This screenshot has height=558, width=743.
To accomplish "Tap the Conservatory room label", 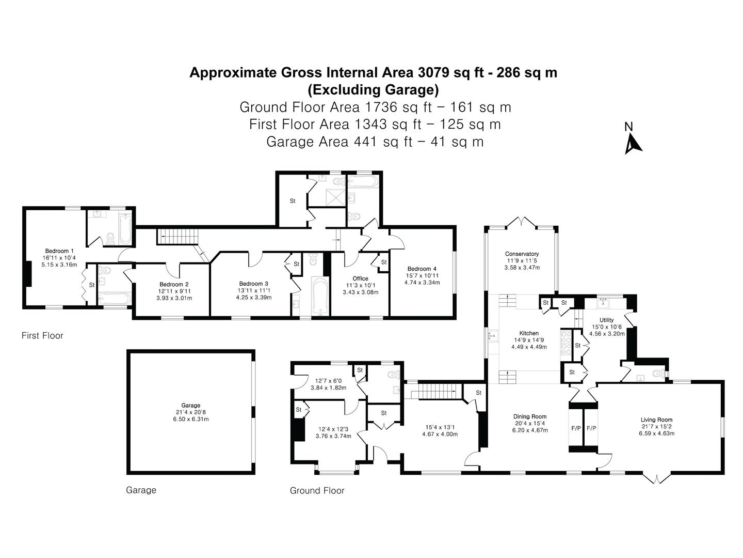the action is (x=522, y=254).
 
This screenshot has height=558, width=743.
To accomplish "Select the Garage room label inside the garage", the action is (x=190, y=405).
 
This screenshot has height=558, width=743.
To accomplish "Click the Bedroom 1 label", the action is (x=59, y=251).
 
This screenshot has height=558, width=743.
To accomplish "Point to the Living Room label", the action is (x=656, y=420).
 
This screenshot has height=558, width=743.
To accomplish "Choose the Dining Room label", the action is (x=530, y=417).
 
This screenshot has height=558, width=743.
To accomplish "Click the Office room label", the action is (x=360, y=278).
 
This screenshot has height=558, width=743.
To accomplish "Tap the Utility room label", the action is (x=607, y=320).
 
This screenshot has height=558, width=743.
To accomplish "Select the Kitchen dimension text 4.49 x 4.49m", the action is (x=529, y=347).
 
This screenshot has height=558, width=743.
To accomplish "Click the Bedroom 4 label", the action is (x=422, y=269).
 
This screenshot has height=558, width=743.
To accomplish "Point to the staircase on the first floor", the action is (x=177, y=236).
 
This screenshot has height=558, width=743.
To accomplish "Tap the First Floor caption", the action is (x=42, y=335).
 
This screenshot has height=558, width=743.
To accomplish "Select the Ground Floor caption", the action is (x=317, y=491).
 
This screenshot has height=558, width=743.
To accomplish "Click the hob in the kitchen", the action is (x=566, y=345).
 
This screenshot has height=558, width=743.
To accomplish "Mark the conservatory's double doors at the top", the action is (x=522, y=223).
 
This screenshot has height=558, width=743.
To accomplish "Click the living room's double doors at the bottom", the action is (x=656, y=478).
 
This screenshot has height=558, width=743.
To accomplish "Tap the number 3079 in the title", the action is (x=433, y=72).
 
